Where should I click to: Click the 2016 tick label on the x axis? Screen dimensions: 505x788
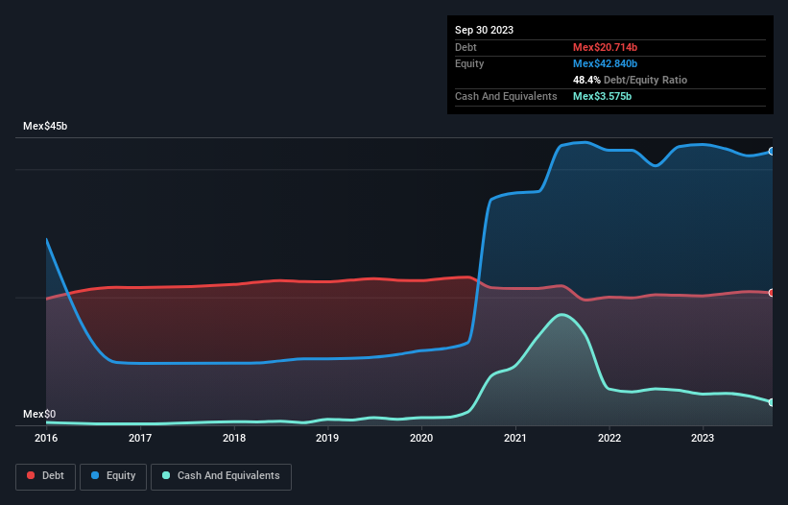(46, 438)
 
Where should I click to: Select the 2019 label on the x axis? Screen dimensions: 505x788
(327, 438)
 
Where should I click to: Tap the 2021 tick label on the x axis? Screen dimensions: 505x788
(515, 438)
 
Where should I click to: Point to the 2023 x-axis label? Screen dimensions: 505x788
(703, 438)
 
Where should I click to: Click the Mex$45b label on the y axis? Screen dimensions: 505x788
(45, 127)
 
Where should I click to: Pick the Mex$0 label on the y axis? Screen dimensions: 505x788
(39, 414)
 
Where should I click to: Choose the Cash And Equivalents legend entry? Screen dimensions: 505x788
(220, 475)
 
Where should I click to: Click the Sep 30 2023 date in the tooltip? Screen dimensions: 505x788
(485, 30)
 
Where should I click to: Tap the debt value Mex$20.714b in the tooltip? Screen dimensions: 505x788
(604, 47)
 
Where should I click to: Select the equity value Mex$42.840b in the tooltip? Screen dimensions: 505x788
(604, 63)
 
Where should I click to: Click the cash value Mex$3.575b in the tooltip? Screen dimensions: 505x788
(602, 96)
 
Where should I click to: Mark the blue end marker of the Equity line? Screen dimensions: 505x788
(771, 152)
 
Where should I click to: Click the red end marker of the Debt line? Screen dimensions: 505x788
(771, 293)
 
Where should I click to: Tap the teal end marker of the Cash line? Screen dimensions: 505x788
(771, 402)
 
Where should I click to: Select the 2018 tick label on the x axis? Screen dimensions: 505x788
(233, 438)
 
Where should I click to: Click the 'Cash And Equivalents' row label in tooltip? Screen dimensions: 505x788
(506, 96)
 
